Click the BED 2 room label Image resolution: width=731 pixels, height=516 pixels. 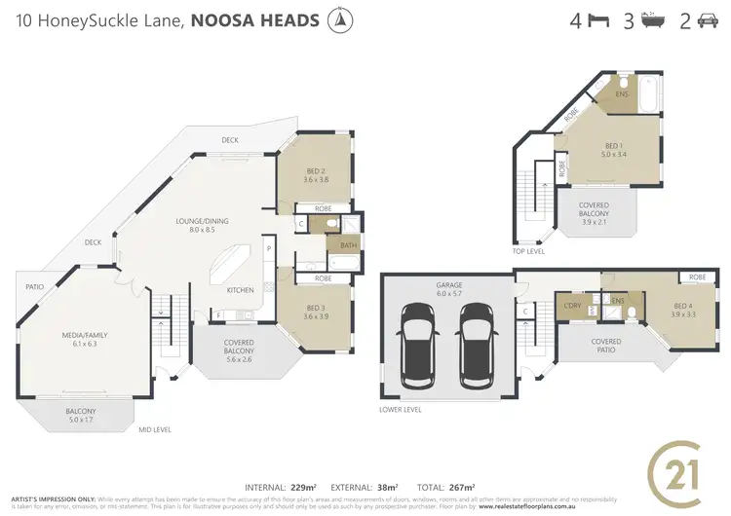[x=313, y=173]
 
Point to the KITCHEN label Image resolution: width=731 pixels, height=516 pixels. [x=241, y=290]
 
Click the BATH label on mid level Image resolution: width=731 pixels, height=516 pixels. [x=349, y=244]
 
